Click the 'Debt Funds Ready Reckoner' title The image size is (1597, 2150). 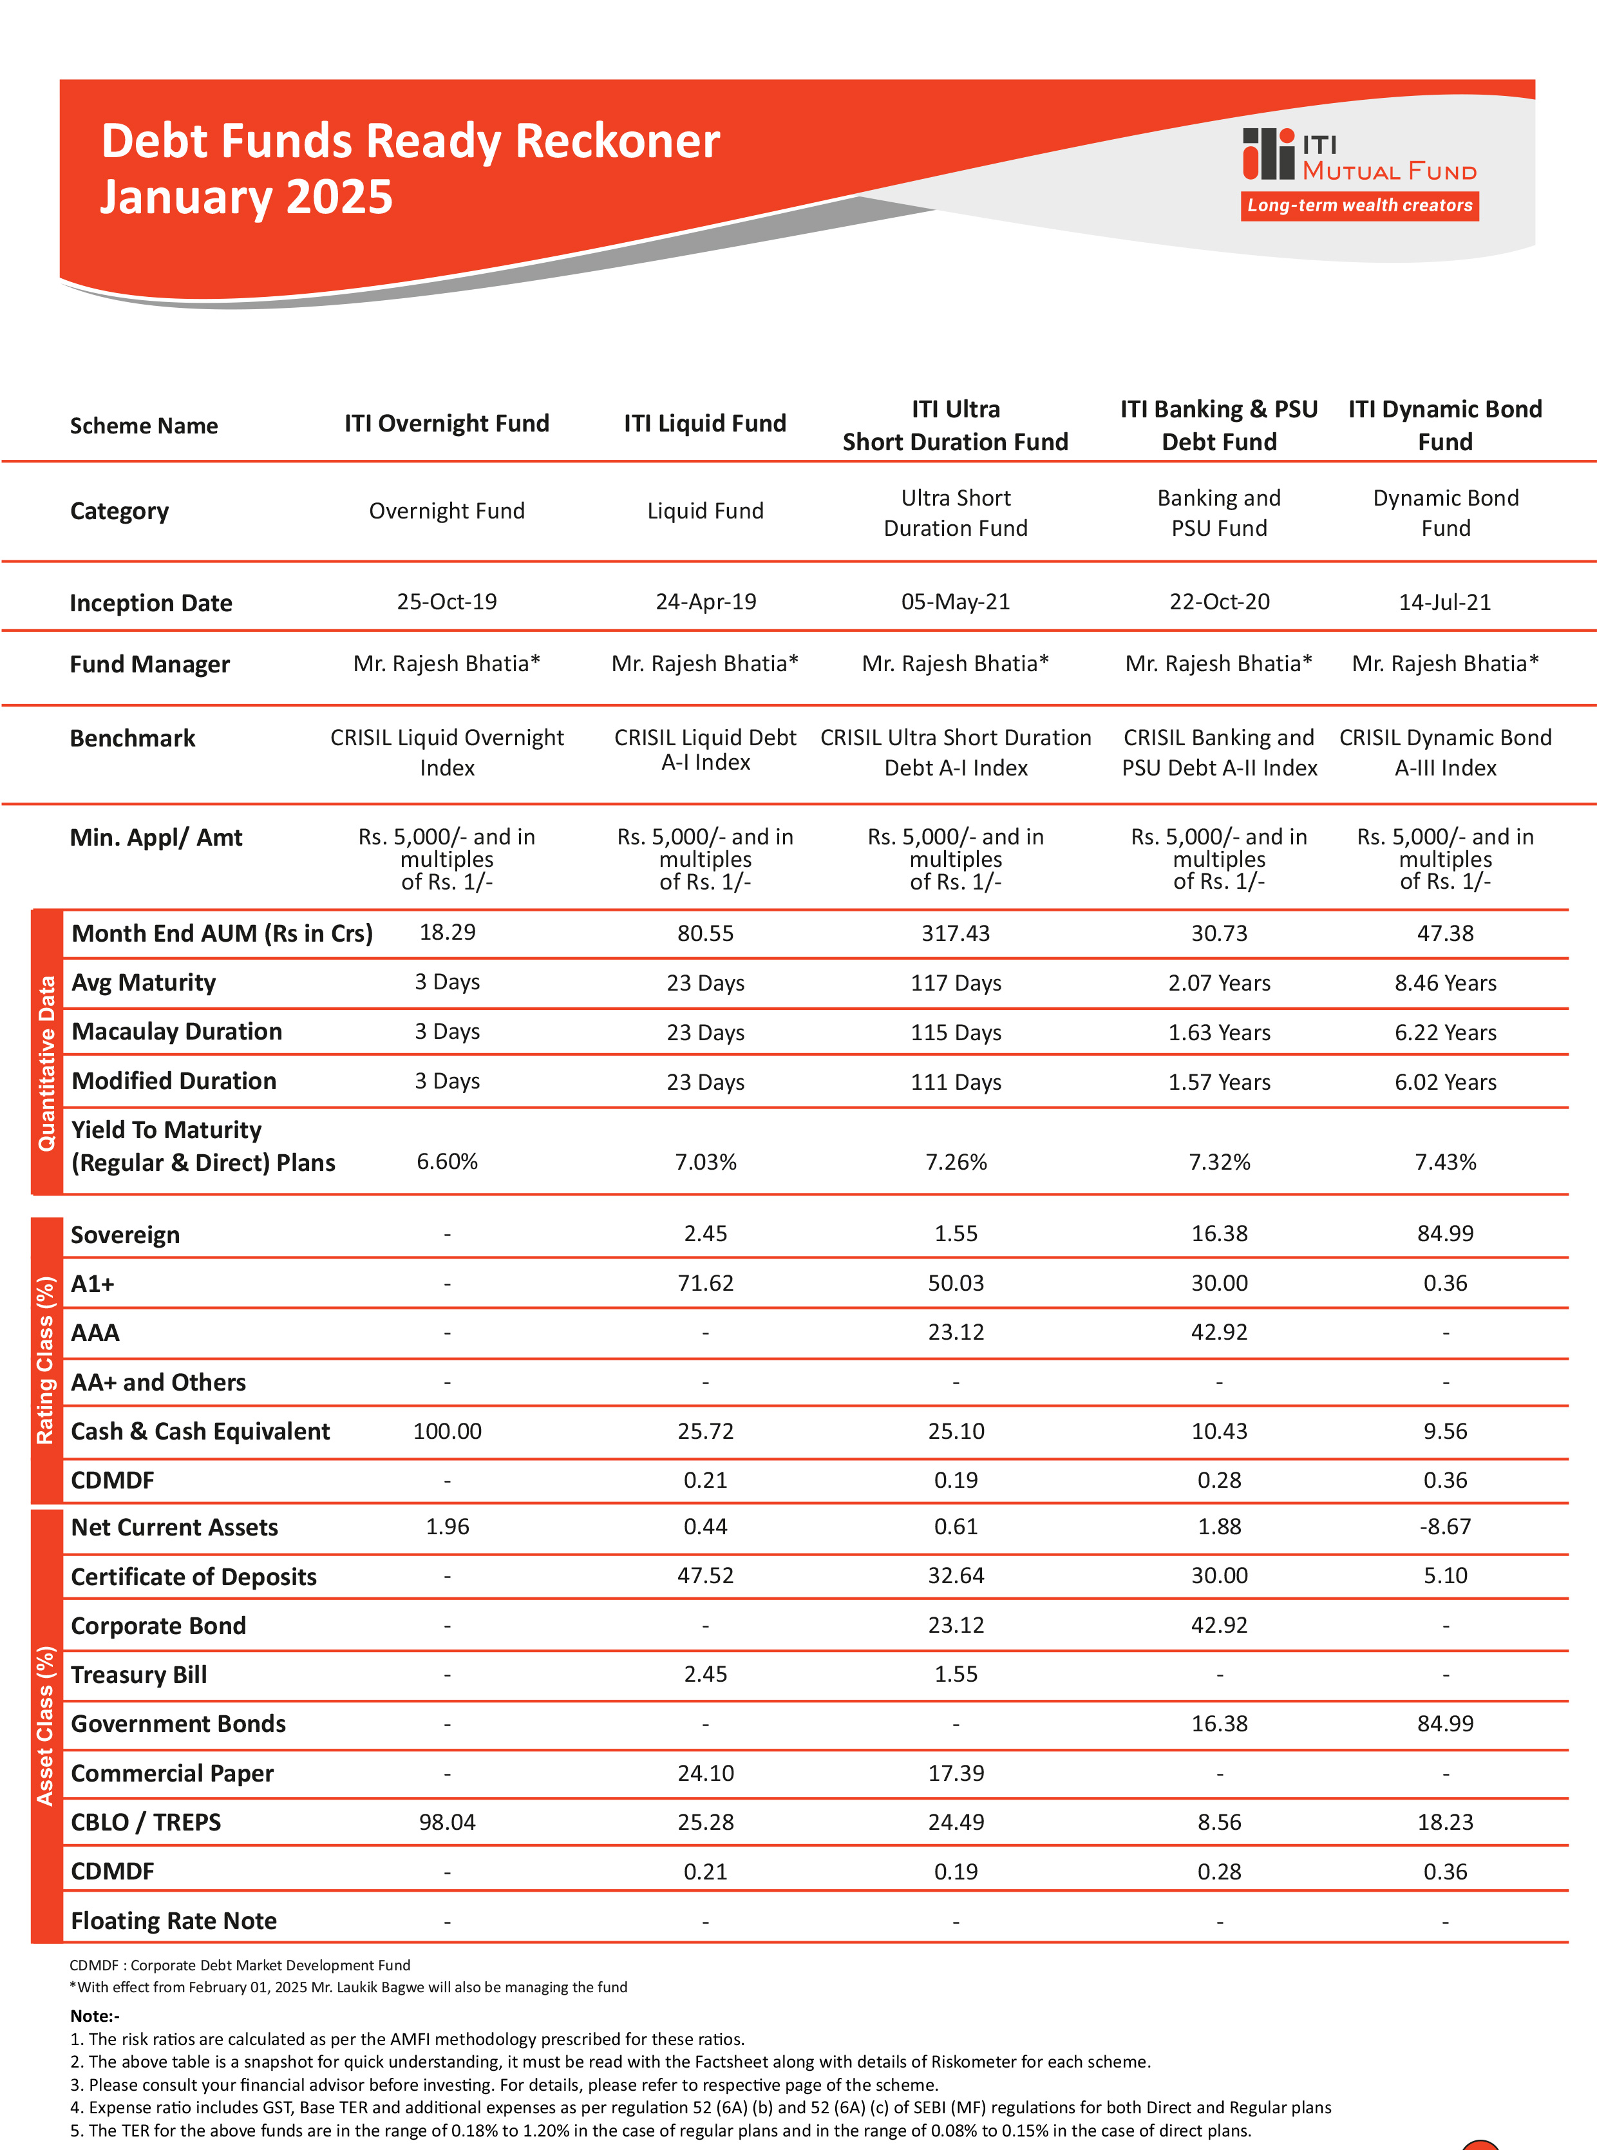pos(410,141)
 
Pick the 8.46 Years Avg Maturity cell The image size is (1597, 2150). pos(1444,983)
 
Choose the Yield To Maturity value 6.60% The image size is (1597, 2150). pos(447,1162)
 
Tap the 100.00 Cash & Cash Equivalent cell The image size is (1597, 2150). pos(447,1431)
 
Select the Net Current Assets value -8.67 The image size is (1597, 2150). pos(1444,1527)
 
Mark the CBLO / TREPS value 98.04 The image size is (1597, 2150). pos(447,1822)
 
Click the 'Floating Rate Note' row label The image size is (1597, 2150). pos(174,1921)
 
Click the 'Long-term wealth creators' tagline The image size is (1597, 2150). pos(1359,205)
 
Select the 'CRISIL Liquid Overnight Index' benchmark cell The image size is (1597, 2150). pos(447,752)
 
